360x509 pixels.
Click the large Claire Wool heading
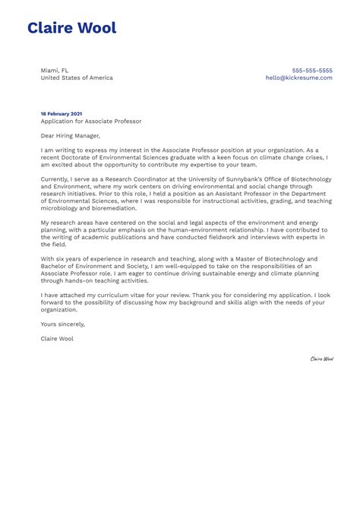click(72, 29)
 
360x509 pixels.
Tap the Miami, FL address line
click(55, 71)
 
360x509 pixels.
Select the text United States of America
click(77, 77)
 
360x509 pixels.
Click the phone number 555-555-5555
click(312, 71)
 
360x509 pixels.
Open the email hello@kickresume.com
click(299, 77)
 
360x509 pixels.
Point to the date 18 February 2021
click(62, 113)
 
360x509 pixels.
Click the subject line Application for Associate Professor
click(91, 121)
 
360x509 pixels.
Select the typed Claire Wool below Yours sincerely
click(57, 338)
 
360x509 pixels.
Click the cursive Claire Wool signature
click(321, 359)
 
